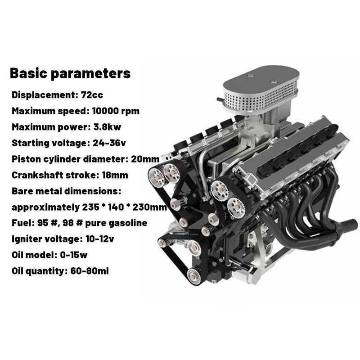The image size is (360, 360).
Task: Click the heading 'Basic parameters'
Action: point(70,73)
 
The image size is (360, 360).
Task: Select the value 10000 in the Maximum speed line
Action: point(108,111)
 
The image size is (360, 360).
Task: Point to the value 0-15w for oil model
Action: point(73,255)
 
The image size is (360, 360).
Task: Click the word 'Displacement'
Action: point(40,95)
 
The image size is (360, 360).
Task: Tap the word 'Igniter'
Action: point(27,239)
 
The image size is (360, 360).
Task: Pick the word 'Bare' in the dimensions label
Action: point(22,191)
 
